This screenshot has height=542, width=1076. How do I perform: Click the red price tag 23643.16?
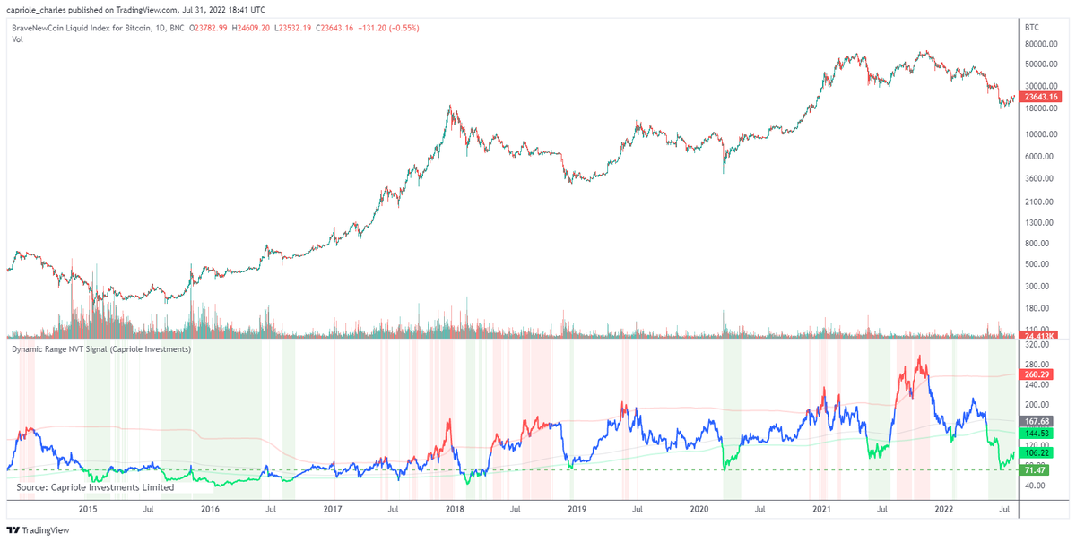(x=1042, y=97)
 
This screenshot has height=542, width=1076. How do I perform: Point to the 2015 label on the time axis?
(x=88, y=509)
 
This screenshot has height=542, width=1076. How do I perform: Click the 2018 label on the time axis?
(x=455, y=509)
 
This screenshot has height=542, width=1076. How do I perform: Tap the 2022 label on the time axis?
(x=943, y=509)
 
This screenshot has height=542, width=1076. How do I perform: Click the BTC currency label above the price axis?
(x=1031, y=28)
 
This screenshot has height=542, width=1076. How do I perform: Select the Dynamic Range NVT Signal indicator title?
(x=100, y=348)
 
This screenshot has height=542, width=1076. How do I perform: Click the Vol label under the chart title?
(x=17, y=39)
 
